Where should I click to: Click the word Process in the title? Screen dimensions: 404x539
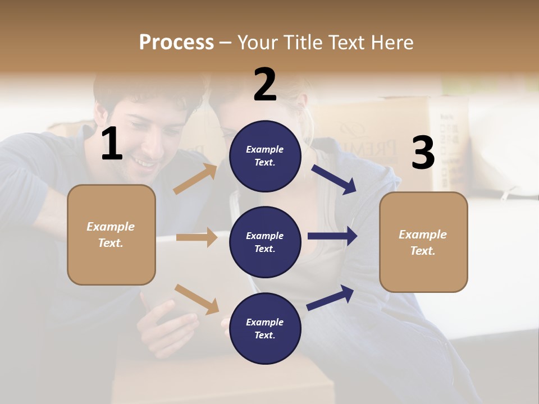(176, 42)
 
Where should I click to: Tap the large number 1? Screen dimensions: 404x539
(112, 144)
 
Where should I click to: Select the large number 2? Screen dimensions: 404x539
(265, 85)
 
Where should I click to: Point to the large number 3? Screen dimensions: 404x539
(423, 153)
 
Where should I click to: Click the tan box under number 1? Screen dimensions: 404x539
(111, 235)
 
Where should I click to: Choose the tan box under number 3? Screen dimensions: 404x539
(423, 242)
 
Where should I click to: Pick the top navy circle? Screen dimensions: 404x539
(265, 155)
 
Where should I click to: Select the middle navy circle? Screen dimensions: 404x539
(265, 242)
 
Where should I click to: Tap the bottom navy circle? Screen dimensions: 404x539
(265, 328)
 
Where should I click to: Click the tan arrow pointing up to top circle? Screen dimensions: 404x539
(195, 179)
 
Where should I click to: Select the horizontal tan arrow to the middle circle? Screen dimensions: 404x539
(197, 237)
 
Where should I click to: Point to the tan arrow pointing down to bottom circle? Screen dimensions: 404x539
(197, 299)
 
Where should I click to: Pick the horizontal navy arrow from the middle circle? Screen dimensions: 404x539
(332, 236)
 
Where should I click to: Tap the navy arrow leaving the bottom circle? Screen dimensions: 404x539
(330, 297)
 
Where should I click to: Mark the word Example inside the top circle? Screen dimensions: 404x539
(264, 149)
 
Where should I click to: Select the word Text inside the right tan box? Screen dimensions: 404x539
(422, 251)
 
